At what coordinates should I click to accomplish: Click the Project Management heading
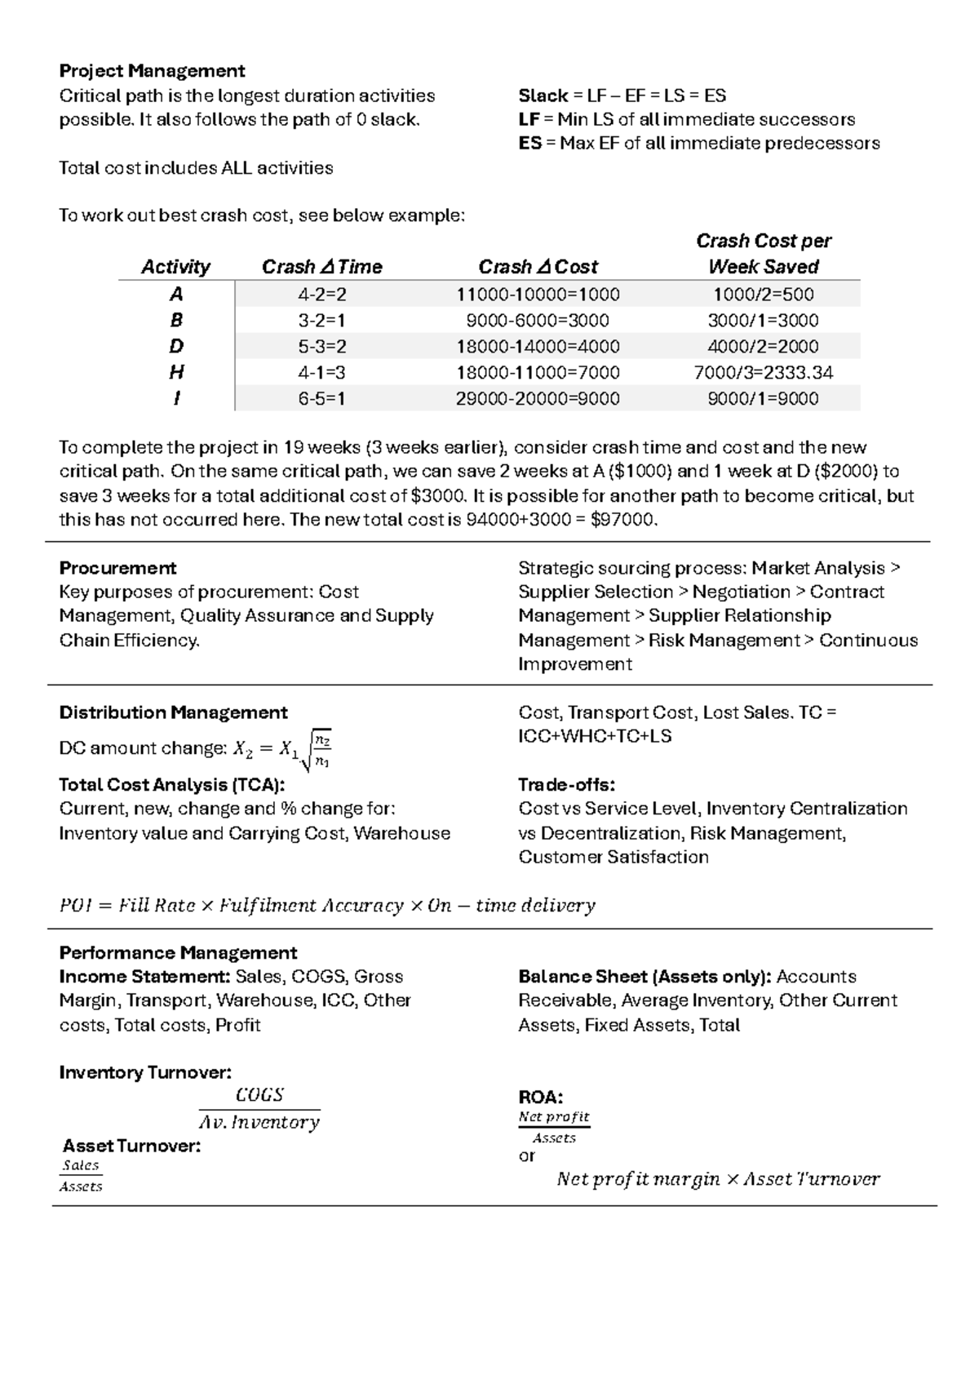point(152,71)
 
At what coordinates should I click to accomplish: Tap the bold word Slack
point(543,95)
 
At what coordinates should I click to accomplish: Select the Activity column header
point(175,267)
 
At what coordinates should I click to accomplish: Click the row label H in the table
point(176,372)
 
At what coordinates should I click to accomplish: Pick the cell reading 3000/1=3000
point(763,320)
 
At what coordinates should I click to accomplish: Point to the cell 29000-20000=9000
point(538,398)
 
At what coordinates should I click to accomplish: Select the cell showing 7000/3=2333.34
point(763,372)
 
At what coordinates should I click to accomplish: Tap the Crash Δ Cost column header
point(538,267)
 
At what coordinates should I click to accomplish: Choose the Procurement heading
point(117,568)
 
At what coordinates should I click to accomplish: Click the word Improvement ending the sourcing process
point(575,664)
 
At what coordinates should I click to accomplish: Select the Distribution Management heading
point(173,712)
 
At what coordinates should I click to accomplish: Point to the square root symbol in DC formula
point(306,752)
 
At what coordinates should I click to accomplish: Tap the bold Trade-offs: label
point(566,785)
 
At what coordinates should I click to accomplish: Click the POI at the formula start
point(73,905)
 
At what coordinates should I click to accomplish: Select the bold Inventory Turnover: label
point(145,1072)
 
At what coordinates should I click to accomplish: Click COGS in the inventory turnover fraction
point(259,1095)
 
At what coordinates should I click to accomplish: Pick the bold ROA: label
point(541,1097)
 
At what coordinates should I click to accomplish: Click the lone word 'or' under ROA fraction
point(527,1156)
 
